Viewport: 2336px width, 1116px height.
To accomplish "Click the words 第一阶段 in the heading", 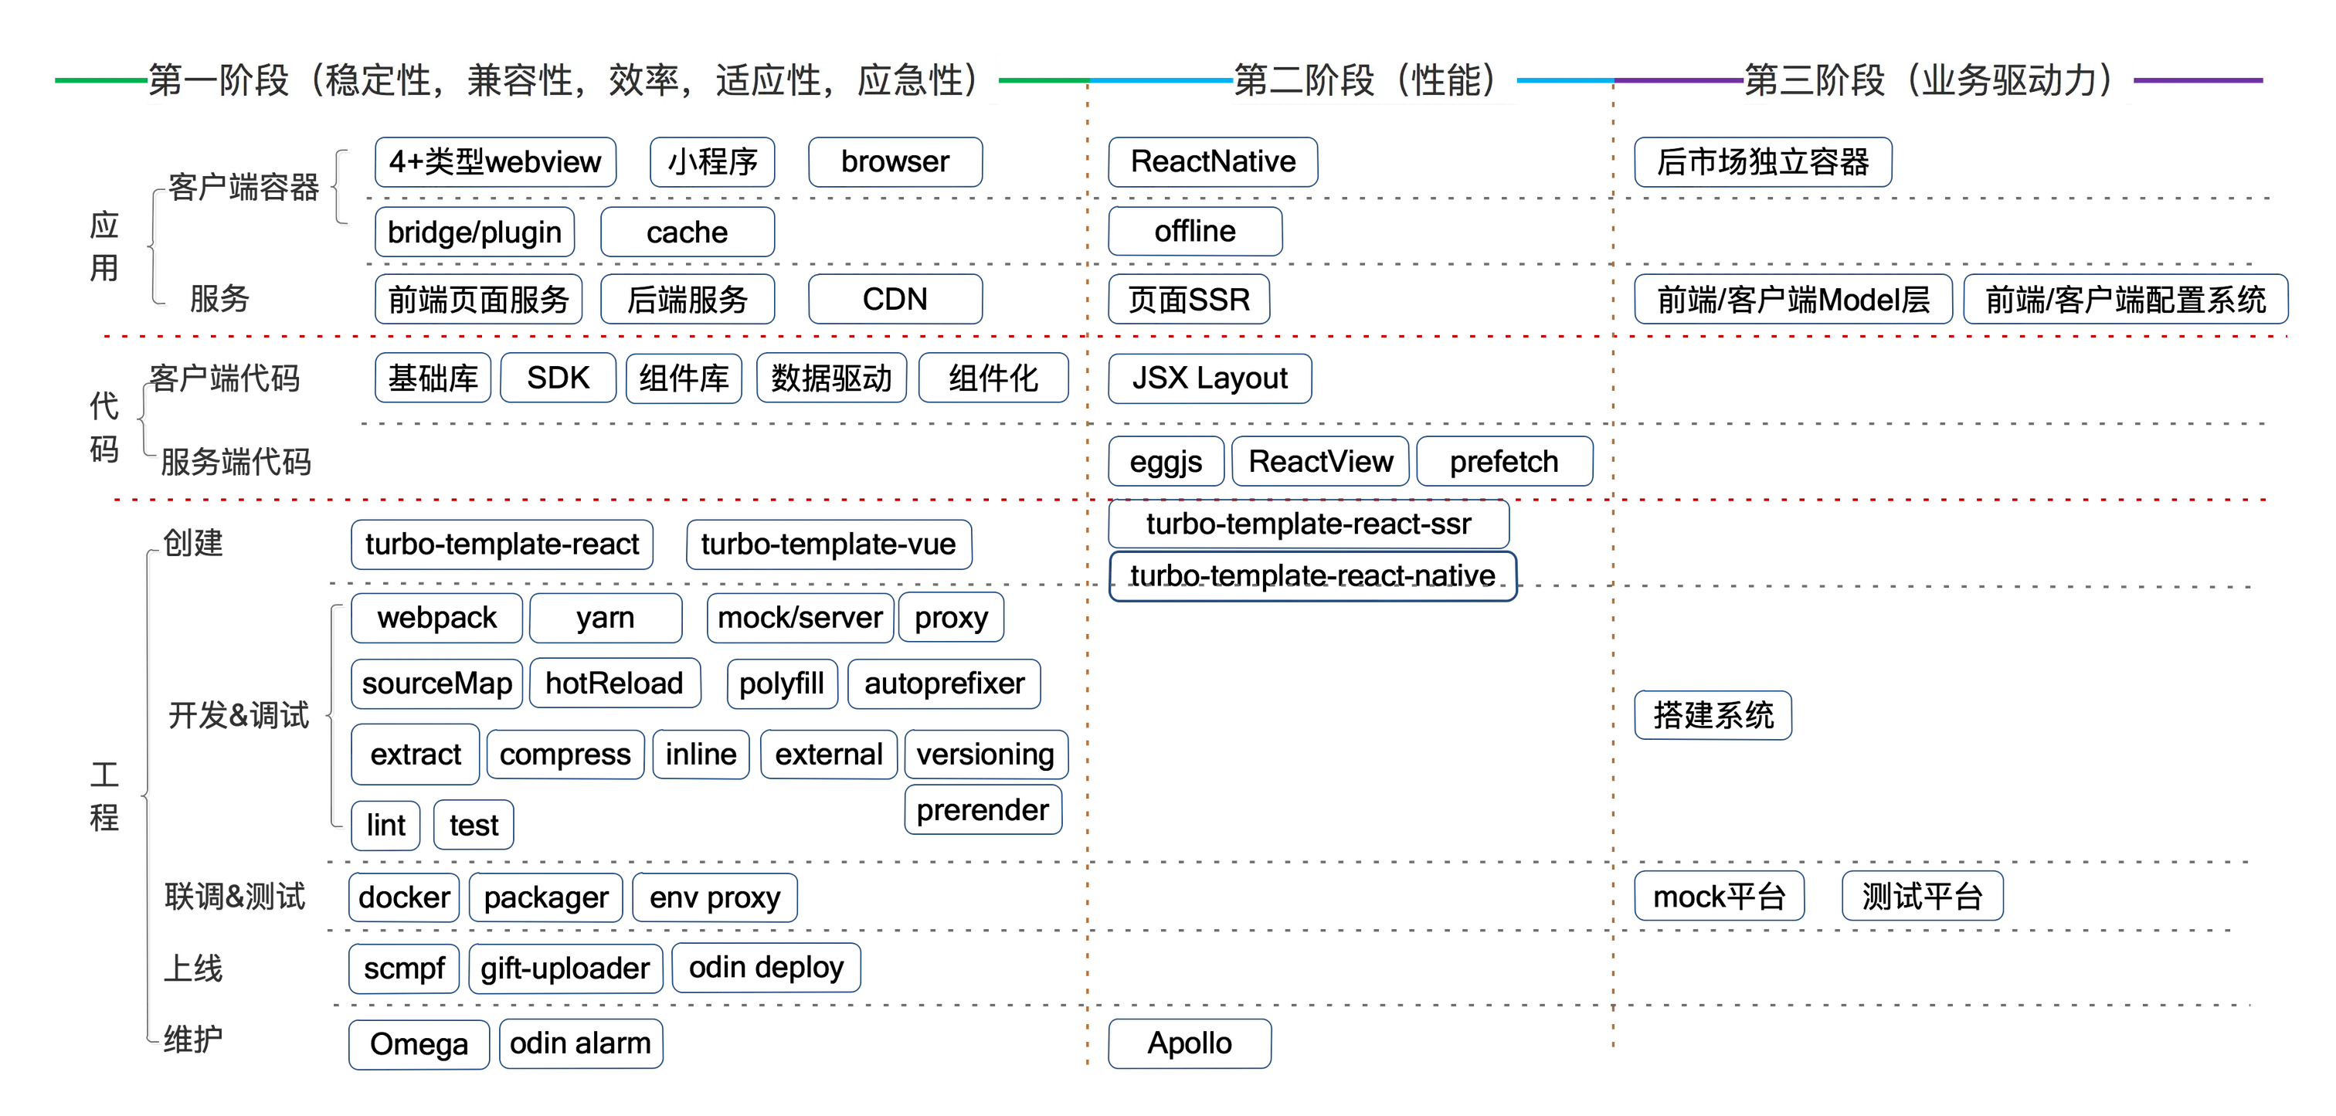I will coord(219,80).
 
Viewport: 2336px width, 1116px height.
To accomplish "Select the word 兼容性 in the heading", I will coord(520,80).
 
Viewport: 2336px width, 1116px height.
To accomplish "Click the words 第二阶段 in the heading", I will coord(1304,80).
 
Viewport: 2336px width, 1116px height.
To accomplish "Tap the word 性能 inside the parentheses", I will coord(1449,80).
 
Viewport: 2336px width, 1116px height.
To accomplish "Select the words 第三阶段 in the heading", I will coord(1815,80).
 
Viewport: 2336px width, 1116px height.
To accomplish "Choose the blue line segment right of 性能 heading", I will coord(1565,80).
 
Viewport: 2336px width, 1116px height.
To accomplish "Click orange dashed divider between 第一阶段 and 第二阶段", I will coord(1088,635).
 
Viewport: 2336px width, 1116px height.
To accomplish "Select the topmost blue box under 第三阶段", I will coord(1763,161).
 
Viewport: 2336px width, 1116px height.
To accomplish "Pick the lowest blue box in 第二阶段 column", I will coord(1190,1044).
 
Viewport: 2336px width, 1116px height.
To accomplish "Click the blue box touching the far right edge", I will coord(2124,299).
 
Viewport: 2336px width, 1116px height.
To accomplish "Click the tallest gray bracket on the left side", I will coord(146,798).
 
